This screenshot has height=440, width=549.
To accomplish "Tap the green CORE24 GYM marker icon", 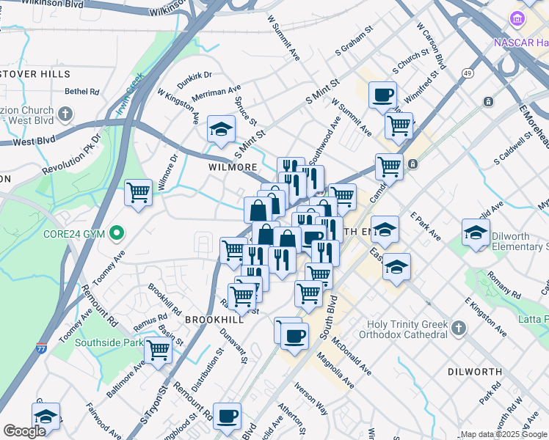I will click(x=116, y=234).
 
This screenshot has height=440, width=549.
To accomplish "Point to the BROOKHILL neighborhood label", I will click(x=214, y=320).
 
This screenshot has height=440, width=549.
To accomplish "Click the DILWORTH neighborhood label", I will click(x=473, y=372).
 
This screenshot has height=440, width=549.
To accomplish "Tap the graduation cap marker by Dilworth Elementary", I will click(x=476, y=233).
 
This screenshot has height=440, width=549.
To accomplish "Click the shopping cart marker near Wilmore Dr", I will click(x=138, y=193).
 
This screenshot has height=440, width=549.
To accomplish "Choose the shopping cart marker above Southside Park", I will click(x=158, y=351).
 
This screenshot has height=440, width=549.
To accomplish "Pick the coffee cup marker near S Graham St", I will click(x=382, y=95).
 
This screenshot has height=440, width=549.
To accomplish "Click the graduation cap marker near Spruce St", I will click(x=219, y=130).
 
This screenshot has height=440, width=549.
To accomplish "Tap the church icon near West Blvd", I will click(x=65, y=114).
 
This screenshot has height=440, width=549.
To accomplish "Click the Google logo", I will click(x=24, y=431).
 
